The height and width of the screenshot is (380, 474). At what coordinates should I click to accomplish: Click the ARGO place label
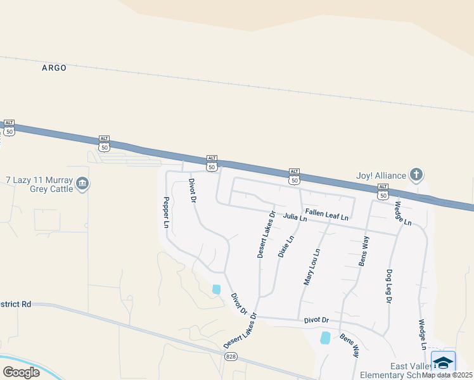(54, 68)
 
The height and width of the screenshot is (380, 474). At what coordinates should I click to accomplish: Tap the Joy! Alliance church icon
(416, 174)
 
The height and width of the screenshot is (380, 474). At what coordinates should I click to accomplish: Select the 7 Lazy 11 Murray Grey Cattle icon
(82, 184)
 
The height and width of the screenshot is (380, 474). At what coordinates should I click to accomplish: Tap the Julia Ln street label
(295, 217)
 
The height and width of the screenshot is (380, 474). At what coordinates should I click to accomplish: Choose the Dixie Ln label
(286, 246)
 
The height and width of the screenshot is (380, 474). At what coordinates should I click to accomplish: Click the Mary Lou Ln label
(312, 266)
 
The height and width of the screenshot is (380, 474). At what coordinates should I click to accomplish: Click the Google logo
(21, 372)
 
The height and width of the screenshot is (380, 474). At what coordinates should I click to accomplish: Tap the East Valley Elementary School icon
(443, 363)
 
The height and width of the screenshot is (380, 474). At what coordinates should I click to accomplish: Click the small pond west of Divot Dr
(217, 289)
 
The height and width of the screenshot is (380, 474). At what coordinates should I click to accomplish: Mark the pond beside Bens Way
(326, 338)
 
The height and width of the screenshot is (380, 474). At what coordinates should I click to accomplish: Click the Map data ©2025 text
(447, 375)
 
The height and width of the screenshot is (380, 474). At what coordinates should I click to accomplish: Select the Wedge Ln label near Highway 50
(403, 213)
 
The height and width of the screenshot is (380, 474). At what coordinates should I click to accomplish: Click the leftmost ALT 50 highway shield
(9, 127)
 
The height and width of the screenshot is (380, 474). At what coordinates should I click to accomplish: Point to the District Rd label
(16, 304)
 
